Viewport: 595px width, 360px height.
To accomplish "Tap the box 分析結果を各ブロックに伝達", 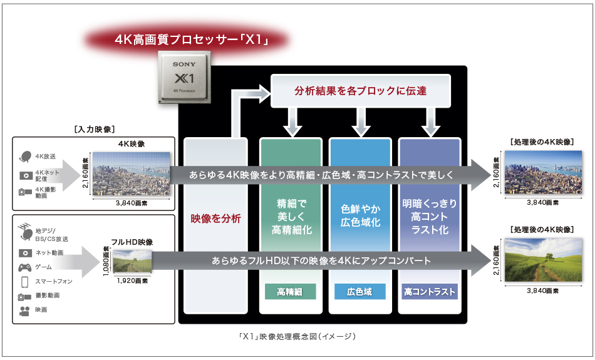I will [360, 91].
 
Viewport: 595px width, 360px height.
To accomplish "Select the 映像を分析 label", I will [216, 219].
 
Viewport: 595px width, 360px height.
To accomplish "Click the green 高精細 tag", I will [291, 292].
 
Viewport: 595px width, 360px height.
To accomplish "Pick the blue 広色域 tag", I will [360, 292].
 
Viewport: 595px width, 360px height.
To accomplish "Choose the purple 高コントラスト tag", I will [430, 292].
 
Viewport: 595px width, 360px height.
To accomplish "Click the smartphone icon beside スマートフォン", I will [26, 282].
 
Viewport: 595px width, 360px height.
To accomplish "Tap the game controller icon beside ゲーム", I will [26, 267].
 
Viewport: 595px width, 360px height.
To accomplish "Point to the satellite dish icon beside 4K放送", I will [26, 157].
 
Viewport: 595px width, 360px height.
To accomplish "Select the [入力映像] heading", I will [93, 130].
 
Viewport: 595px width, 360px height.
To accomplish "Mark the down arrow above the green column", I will [291, 123].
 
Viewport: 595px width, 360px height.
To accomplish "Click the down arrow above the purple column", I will [430, 123].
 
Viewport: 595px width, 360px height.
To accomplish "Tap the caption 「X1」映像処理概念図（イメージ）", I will [297, 337].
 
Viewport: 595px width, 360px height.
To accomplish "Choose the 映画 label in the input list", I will [41, 310].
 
